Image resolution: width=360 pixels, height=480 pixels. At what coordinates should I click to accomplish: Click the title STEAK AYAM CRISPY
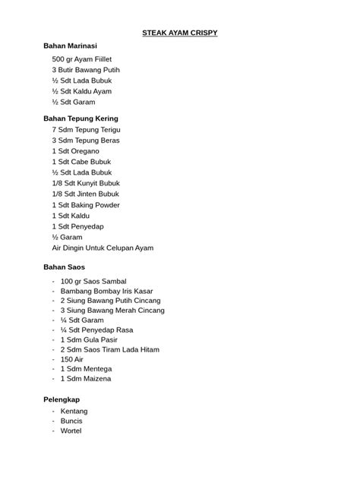(x=180, y=33)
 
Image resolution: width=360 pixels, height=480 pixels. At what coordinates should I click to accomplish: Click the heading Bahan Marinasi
(x=75, y=46)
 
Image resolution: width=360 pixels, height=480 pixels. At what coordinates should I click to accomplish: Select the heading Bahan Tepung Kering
(x=81, y=118)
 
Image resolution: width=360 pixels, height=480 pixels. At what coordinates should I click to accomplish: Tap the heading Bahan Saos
(x=65, y=267)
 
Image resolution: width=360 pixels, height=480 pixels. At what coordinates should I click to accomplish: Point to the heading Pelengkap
(x=62, y=399)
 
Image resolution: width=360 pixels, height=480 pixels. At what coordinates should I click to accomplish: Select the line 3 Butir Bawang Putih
(x=86, y=69)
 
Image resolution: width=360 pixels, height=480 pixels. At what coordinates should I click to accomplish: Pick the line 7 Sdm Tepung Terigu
(x=86, y=130)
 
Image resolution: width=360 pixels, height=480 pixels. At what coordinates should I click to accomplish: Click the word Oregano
(x=85, y=151)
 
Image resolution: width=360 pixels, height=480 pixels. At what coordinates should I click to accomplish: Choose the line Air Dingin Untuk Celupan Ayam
(x=103, y=248)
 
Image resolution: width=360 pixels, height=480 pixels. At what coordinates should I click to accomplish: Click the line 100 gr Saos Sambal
(x=93, y=281)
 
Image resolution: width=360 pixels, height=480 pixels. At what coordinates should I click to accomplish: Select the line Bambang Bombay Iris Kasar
(x=106, y=292)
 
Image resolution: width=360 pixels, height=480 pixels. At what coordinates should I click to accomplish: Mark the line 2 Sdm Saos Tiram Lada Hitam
(x=109, y=349)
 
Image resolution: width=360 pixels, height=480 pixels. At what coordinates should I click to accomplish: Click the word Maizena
(x=95, y=378)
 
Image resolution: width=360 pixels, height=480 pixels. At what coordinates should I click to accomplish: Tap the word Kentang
(x=74, y=411)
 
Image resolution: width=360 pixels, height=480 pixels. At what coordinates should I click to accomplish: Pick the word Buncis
(x=71, y=421)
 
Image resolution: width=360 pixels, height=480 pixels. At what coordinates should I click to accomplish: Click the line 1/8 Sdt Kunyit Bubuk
(x=86, y=183)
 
